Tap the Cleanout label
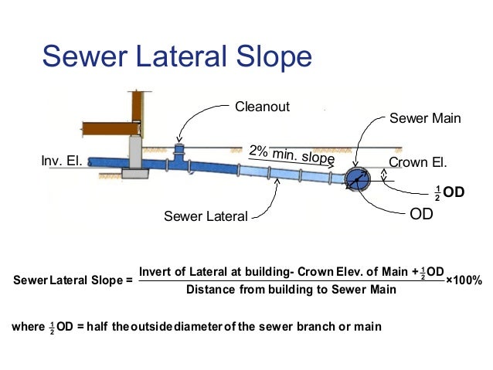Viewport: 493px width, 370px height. point(262,107)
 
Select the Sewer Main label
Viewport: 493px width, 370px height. point(425,119)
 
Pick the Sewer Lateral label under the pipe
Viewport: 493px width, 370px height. point(206,216)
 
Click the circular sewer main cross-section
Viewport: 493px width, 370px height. point(358,178)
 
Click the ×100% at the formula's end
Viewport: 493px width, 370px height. point(464,280)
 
